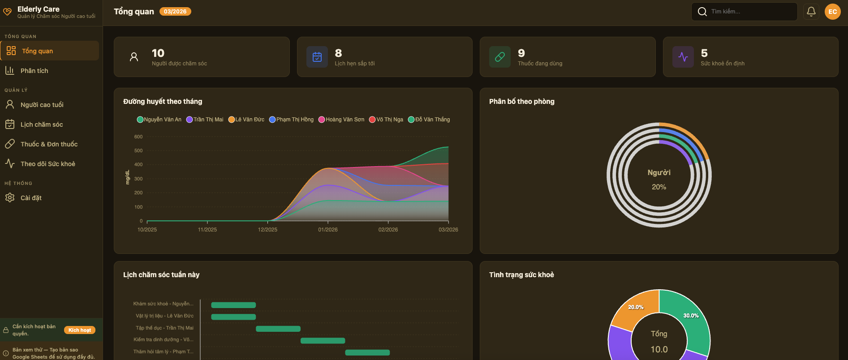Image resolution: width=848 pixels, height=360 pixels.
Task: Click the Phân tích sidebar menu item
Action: (34, 71)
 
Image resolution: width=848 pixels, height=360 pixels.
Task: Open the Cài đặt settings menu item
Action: (31, 198)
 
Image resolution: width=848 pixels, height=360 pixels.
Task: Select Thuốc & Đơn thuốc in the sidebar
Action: (49, 144)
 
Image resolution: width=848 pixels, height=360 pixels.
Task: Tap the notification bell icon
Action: (811, 12)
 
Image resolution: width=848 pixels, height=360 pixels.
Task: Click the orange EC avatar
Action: (832, 12)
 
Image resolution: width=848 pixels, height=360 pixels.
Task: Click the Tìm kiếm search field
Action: (748, 12)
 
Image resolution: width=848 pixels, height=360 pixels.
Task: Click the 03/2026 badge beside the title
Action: (175, 12)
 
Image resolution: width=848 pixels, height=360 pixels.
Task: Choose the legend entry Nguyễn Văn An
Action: (159, 120)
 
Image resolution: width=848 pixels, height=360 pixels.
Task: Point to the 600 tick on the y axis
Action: (138, 137)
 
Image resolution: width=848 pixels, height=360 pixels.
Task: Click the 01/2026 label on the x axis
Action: (328, 230)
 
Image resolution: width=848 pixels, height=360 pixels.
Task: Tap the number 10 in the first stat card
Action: (158, 53)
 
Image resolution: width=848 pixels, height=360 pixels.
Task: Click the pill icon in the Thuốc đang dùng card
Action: (499, 57)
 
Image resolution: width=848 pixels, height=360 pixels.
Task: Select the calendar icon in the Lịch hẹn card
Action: (317, 57)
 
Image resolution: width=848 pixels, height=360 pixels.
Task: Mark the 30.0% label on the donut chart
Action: (691, 316)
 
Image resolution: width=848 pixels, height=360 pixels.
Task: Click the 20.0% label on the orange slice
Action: (636, 307)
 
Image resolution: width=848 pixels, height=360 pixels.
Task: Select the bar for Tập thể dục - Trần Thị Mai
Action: (278, 329)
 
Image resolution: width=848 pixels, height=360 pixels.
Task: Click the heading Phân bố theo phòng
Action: (521, 102)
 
